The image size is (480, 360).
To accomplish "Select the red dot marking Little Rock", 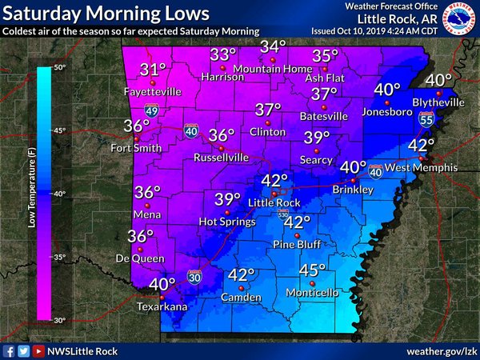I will click(x=274, y=193).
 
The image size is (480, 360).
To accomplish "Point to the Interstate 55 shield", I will click(x=426, y=118).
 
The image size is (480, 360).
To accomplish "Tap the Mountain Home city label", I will click(x=272, y=70).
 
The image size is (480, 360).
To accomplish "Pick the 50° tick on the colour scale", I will click(x=60, y=69).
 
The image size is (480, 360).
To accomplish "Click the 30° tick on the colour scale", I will click(x=60, y=319).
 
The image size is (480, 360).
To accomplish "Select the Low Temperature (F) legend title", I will click(x=30, y=193).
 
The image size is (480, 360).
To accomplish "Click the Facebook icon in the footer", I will click(x=9, y=350).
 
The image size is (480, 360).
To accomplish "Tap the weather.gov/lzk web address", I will click(x=440, y=350).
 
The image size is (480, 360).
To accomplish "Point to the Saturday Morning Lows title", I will click(x=106, y=14).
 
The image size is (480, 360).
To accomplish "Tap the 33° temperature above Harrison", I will click(x=223, y=54).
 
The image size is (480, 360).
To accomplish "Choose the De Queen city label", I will click(x=141, y=258).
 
